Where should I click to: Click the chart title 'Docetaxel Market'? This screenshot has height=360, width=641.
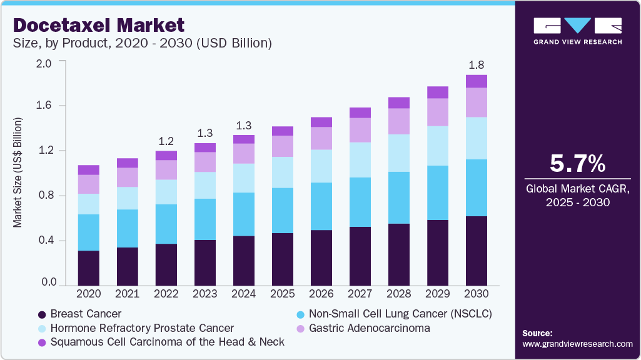point(99,26)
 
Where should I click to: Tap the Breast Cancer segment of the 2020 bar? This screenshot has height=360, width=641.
point(89,268)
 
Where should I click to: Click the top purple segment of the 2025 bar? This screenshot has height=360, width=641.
point(283,131)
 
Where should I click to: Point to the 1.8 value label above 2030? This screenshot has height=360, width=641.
point(477,65)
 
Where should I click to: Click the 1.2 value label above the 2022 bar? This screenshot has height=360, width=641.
point(166,141)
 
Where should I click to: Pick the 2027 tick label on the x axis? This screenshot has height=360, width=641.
point(360,293)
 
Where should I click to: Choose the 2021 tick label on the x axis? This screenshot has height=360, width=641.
point(128,293)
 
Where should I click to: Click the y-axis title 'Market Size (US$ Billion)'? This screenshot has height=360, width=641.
point(19,172)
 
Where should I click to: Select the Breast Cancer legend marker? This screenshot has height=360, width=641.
point(43,314)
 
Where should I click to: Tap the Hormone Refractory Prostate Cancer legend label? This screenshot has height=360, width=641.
point(142,328)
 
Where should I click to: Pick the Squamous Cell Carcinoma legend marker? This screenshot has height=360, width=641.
point(43,342)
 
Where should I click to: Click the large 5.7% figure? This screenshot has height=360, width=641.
point(577,164)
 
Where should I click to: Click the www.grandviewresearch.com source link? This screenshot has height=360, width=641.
point(577,344)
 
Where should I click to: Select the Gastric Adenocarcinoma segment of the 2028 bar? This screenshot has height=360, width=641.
point(399,121)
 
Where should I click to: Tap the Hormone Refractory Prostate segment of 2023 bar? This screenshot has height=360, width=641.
point(205,185)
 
